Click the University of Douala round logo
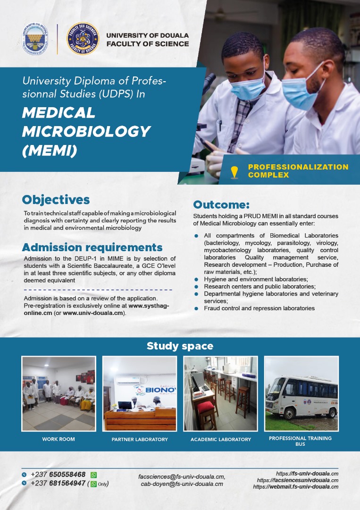point(36,39)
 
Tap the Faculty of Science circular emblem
point(83,39)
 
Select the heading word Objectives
point(56,200)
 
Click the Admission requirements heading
point(92,247)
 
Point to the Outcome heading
point(221,204)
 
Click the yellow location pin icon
point(234,172)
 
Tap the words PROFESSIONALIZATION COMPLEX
point(298,171)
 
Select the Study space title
point(180,346)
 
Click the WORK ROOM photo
point(59,393)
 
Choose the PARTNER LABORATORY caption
point(140,440)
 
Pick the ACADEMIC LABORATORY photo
point(220,393)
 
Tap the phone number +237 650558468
point(58,475)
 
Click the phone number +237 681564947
point(58,483)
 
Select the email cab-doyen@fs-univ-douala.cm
point(182,484)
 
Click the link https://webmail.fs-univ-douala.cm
point(295,487)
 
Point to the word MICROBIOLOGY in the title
point(86,132)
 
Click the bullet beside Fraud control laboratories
point(196,308)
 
